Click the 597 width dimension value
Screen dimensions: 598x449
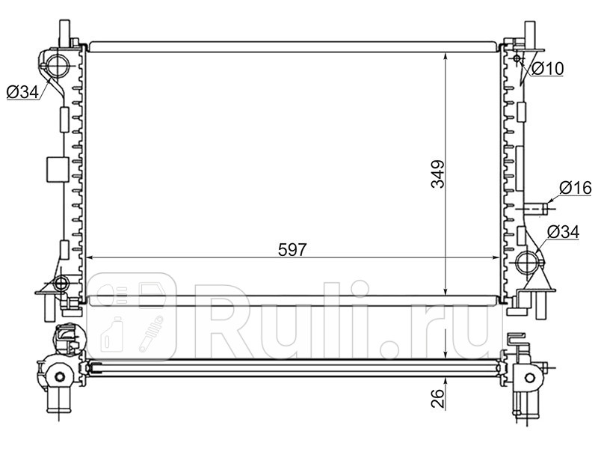tap(292, 250)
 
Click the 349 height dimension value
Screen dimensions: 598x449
tap(438, 174)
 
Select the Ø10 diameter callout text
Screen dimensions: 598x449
tap(547, 69)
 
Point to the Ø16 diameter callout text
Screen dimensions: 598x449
tap(576, 188)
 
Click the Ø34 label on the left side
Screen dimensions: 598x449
tap(23, 91)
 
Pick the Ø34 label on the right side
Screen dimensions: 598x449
tap(563, 232)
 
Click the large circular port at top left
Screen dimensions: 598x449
tap(58, 65)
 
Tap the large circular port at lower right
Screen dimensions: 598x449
tap(528, 263)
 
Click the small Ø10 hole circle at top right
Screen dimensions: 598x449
tap(517, 58)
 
